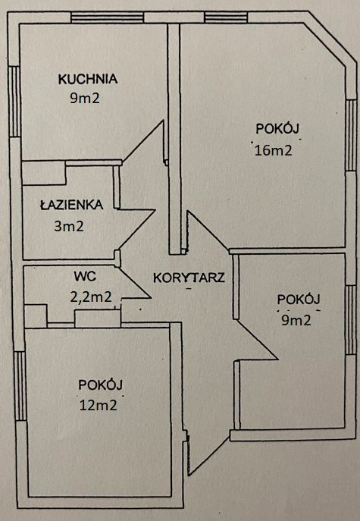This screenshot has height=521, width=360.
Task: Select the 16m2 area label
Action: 274,149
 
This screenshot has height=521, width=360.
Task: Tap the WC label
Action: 83,277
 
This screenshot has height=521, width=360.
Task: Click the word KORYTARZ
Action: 188,277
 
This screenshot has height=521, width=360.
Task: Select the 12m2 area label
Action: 98,405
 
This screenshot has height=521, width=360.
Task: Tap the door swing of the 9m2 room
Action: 254,334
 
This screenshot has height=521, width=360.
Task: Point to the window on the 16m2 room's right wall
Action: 349,137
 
